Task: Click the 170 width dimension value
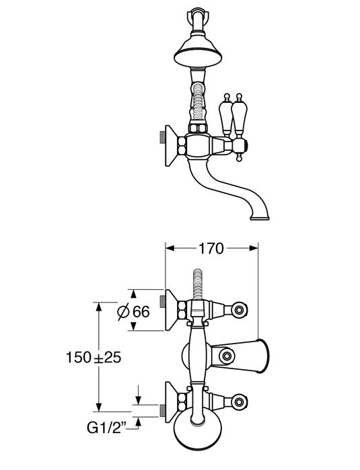[211, 249]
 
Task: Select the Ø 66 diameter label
[133, 312]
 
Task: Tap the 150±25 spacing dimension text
[94, 357]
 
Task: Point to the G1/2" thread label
[106, 428]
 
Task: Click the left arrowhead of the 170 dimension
[170, 248]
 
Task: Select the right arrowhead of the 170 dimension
[254, 248]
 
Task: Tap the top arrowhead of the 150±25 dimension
[98, 307]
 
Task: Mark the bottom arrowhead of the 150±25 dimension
[98, 407]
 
